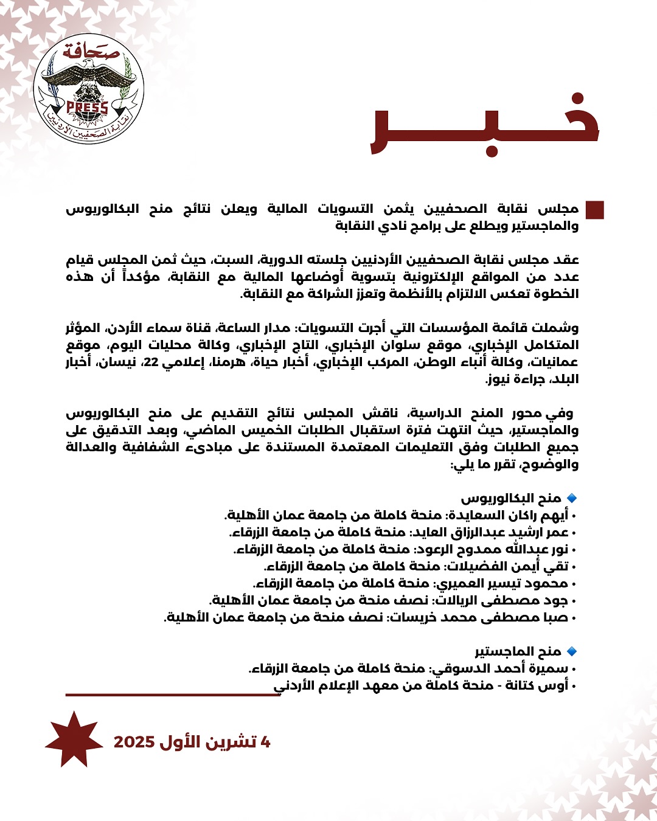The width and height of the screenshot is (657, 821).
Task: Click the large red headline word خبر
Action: click(x=485, y=126)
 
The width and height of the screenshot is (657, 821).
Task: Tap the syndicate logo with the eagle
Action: click(x=88, y=89)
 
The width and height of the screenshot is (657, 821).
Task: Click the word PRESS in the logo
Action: click(x=87, y=108)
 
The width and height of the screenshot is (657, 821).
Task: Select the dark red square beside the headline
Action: click(x=594, y=210)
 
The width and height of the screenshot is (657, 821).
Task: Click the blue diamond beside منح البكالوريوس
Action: click(x=571, y=498)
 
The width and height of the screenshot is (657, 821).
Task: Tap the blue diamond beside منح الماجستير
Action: click(x=571, y=651)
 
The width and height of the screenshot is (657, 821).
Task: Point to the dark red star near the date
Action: click(x=74, y=740)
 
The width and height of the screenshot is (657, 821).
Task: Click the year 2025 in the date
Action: click(x=134, y=742)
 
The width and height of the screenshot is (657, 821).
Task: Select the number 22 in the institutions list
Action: click(x=151, y=362)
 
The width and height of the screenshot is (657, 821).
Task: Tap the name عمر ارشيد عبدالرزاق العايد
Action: click(x=490, y=533)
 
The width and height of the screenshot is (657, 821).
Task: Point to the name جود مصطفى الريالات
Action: click(x=502, y=601)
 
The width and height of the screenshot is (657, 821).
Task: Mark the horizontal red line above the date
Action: click(x=173, y=695)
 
